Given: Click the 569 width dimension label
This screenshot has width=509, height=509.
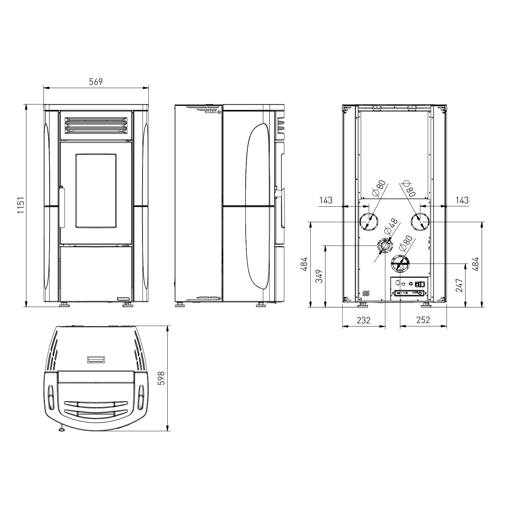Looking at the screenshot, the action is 96,82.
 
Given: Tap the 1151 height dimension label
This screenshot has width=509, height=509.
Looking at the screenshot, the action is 21,205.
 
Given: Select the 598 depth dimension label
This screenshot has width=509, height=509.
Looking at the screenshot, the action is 162,378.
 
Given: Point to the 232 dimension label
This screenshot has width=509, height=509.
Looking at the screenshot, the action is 363,320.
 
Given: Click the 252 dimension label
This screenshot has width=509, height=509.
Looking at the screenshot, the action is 423,320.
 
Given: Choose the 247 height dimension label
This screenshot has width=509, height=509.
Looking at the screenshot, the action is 459,285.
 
